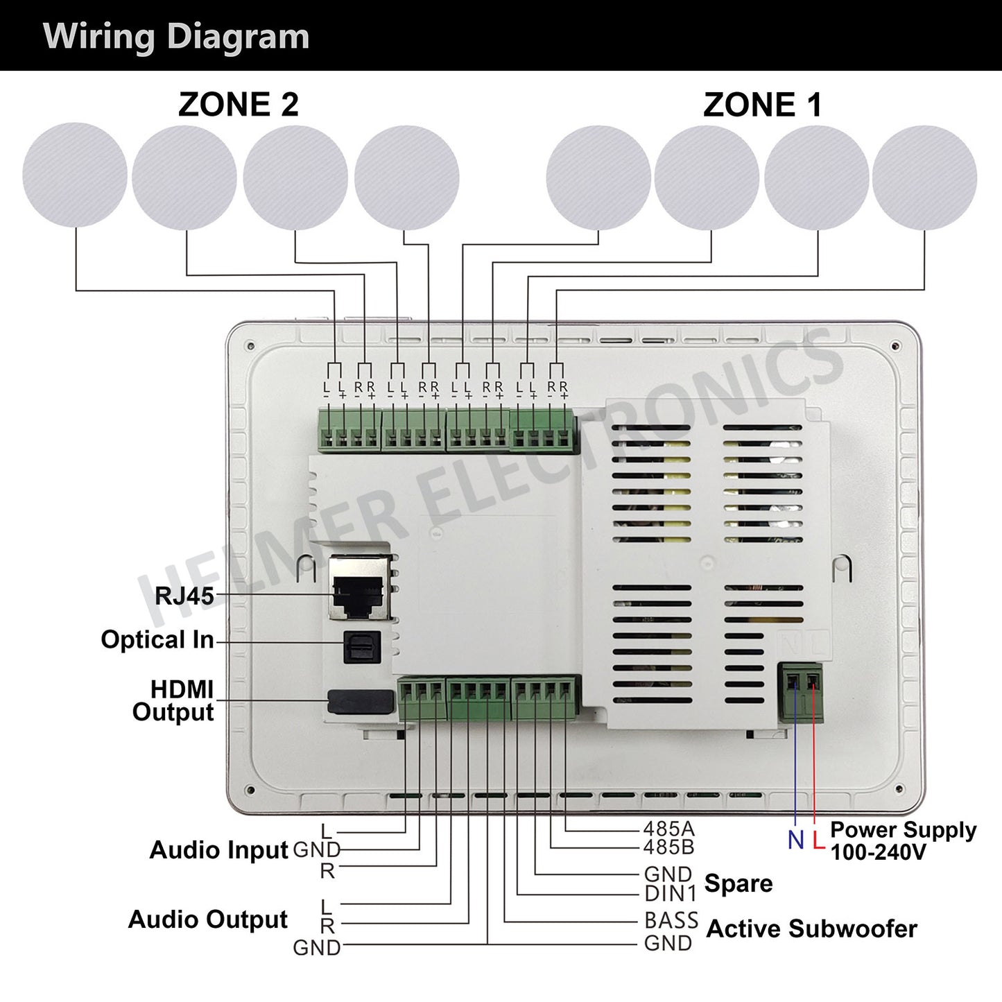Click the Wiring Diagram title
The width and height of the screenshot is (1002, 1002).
tap(176, 36)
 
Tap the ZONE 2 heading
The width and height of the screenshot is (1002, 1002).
tap(238, 105)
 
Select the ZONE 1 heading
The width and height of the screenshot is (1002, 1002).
tap(762, 105)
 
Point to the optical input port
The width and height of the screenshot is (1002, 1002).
tap(362, 647)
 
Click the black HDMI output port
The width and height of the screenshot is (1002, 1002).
tap(360, 701)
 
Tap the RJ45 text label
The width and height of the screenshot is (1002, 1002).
tap(184, 595)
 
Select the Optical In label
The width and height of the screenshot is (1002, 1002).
tap(157, 639)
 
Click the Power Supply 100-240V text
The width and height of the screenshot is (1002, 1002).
tap(902, 840)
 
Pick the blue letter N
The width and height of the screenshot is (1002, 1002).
tap(795, 840)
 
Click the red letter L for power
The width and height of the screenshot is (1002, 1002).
tap(818, 840)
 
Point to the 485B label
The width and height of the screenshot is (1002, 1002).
tap(668, 847)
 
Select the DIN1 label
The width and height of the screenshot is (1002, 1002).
tap(670, 893)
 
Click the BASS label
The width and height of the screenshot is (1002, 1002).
tap(671, 920)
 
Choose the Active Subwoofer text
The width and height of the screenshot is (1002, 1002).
tap(811, 928)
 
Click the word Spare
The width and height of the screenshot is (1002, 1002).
tap(738, 883)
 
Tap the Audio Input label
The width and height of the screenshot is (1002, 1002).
tap(218, 849)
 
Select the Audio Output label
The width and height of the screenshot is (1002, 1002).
tap(207, 919)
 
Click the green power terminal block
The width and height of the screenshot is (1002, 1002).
tap(801, 692)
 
